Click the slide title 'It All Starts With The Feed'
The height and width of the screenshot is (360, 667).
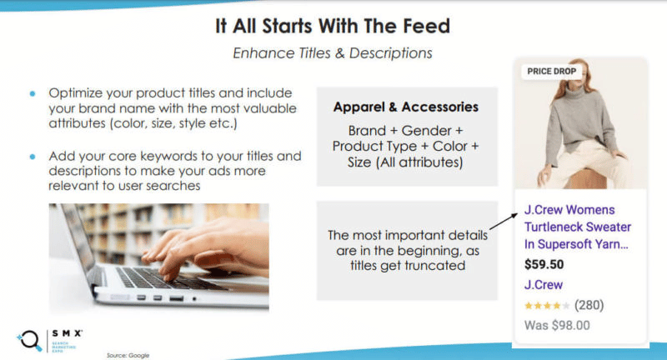coord(332,25)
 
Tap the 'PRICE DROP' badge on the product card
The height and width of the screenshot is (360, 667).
coord(551,72)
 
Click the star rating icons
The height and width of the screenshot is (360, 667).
coord(547,305)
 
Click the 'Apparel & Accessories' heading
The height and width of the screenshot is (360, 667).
coord(406,107)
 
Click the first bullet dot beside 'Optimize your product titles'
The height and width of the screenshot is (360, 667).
coord(33,93)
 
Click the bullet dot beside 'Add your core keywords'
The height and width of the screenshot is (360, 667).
coord(33,156)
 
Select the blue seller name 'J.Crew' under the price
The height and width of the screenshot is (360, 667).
coord(543,285)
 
